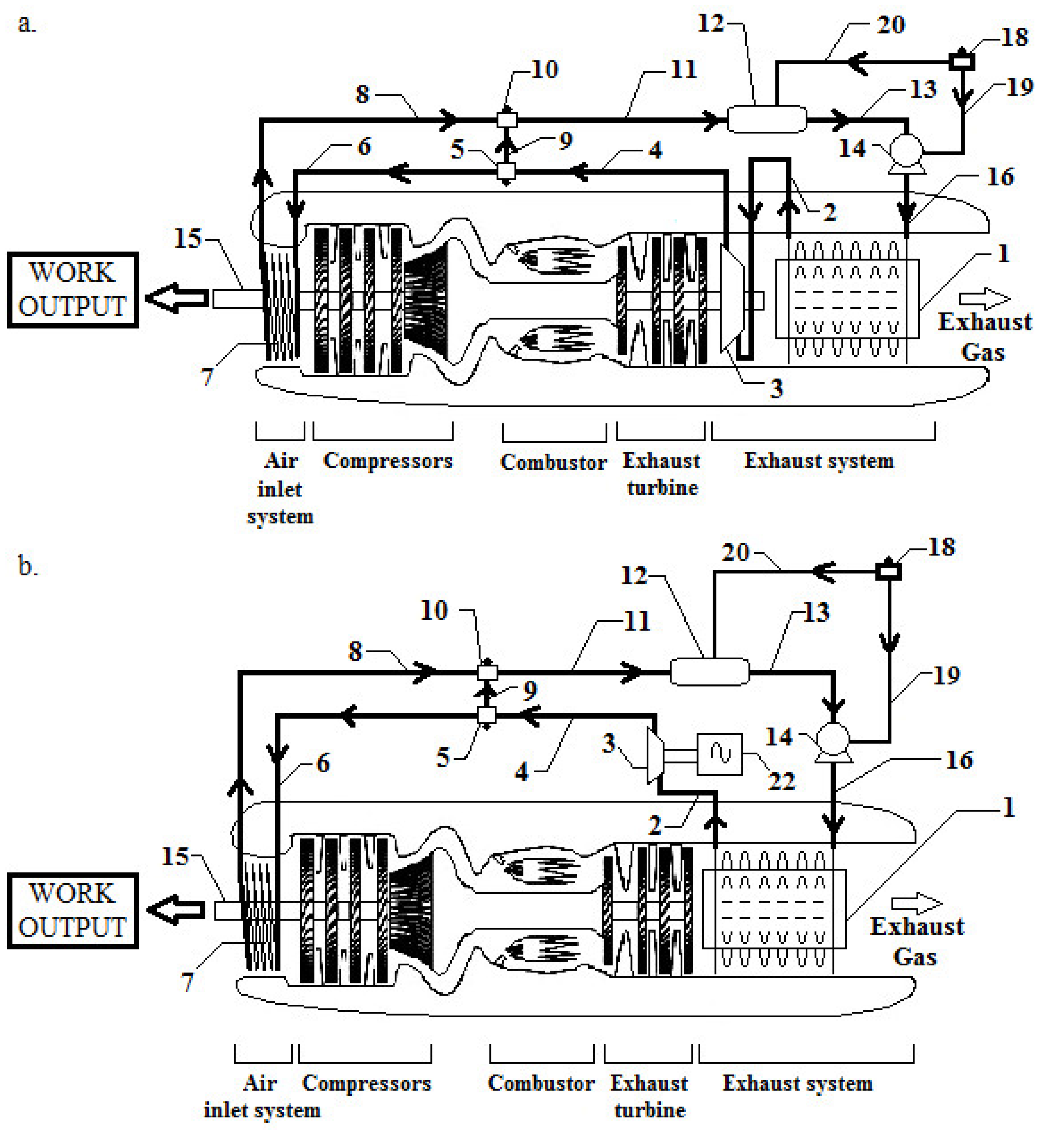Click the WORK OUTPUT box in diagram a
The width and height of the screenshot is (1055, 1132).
click(73, 290)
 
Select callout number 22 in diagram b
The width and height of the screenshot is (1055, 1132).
click(781, 781)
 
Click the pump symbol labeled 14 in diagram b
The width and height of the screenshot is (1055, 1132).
click(833, 740)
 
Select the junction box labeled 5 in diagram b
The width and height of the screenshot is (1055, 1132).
click(486, 715)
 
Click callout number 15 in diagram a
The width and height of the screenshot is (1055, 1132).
click(187, 239)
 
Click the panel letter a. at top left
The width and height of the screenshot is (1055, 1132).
click(26, 24)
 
